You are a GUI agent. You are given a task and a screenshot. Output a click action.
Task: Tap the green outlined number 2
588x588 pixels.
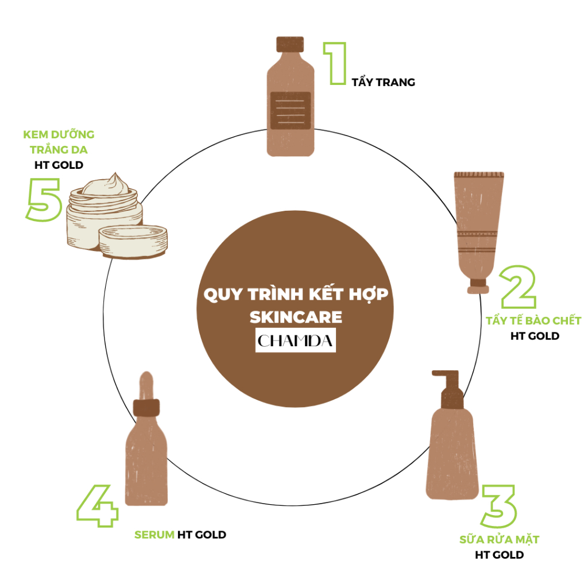519,287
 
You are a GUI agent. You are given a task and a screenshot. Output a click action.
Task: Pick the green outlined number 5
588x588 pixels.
44,199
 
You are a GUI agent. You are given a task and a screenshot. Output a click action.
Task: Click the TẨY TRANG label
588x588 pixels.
383,82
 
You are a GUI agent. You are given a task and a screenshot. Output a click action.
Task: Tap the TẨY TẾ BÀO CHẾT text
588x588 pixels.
533,320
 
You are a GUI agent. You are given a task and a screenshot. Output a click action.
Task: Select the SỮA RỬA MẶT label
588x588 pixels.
499,540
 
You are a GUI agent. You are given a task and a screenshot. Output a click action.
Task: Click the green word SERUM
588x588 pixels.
154,535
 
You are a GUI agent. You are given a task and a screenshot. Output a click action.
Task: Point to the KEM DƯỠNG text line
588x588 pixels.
59,134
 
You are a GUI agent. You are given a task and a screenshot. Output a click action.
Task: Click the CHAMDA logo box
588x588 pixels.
296,341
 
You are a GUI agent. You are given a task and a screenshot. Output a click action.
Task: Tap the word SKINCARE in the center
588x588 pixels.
296,317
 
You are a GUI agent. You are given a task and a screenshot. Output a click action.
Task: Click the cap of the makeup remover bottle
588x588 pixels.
290,44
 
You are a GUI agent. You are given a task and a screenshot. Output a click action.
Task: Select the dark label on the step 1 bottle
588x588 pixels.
291,111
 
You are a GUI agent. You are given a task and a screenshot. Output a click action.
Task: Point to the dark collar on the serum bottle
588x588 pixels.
146,408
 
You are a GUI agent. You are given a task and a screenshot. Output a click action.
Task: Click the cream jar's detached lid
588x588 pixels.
133,242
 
